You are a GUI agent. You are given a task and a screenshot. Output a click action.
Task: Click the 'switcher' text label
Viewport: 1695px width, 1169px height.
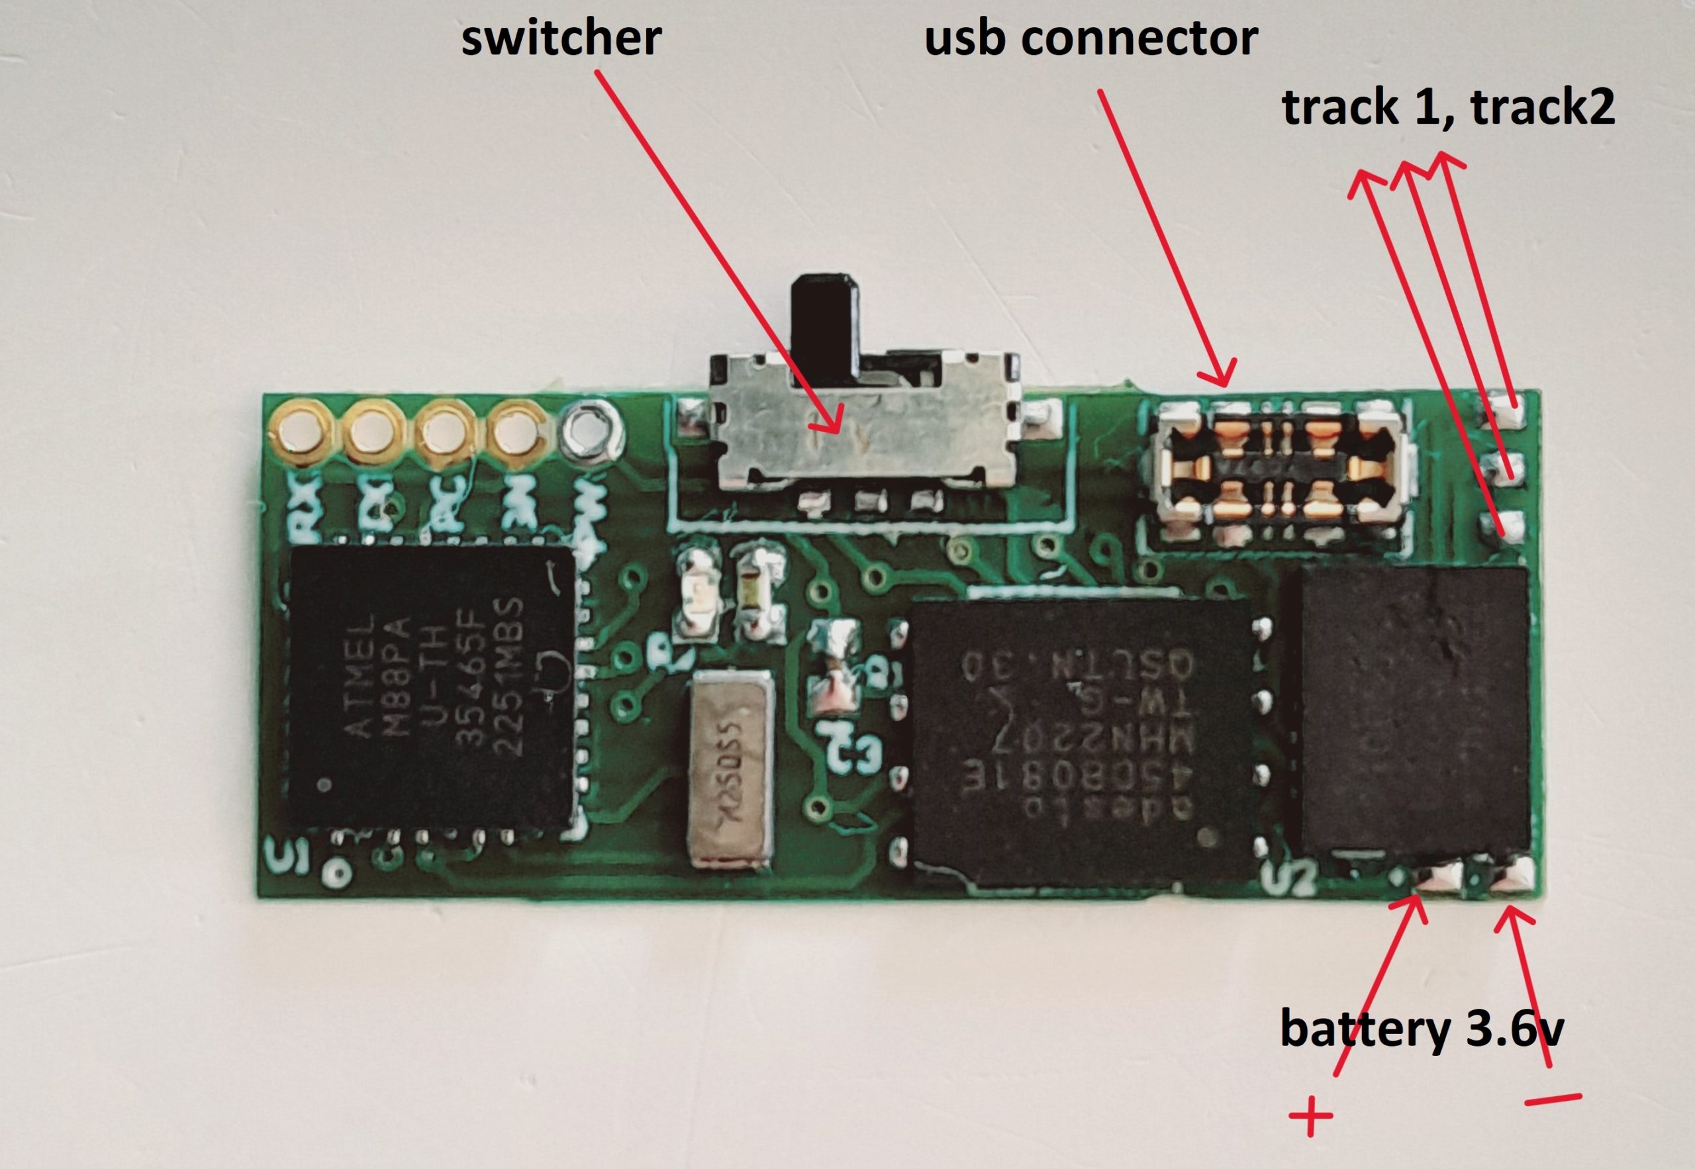pos(561,38)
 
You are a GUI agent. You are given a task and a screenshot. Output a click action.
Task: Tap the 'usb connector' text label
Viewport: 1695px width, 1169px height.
pos(1091,38)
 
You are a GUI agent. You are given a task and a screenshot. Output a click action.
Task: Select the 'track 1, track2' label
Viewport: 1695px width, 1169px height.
pos(1448,108)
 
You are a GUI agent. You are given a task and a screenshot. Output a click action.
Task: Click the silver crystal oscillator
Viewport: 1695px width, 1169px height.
pos(730,771)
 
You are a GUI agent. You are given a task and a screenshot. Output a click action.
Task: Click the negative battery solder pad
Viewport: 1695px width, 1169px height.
pos(1514,876)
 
